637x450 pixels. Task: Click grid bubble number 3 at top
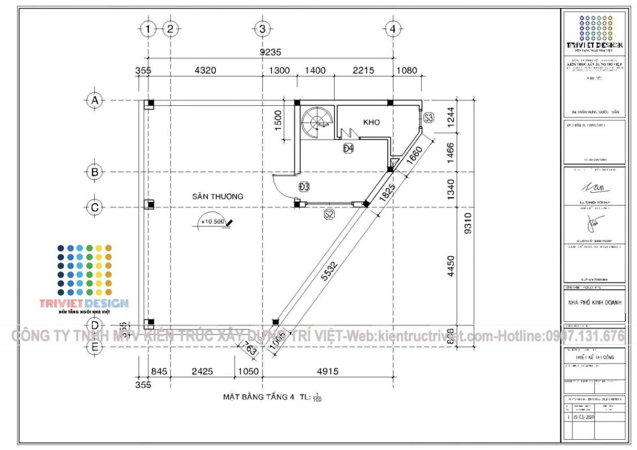coord(262,29)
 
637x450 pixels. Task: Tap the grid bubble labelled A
coord(95,101)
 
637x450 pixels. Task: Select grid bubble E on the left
coord(95,347)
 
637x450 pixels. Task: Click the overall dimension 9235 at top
coord(269,52)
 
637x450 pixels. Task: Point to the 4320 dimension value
coord(205,71)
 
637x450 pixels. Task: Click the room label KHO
coord(371,122)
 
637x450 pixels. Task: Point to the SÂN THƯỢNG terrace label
coord(217,196)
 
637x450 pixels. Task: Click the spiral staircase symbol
coord(314,121)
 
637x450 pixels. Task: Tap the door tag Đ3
coord(304,186)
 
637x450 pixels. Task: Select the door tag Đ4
coord(348,148)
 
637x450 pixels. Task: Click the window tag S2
coord(329,214)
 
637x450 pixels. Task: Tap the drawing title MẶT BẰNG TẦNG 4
coord(259,397)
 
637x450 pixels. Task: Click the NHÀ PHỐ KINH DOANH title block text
coord(594,302)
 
